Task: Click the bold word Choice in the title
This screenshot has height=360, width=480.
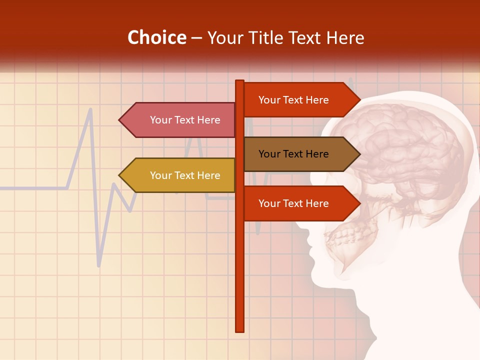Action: (x=156, y=37)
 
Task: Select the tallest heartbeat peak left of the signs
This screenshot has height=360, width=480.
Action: (x=90, y=109)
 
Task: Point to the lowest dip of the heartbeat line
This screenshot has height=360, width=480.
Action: (x=99, y=265)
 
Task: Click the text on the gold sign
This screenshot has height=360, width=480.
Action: (x=185, y=175)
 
